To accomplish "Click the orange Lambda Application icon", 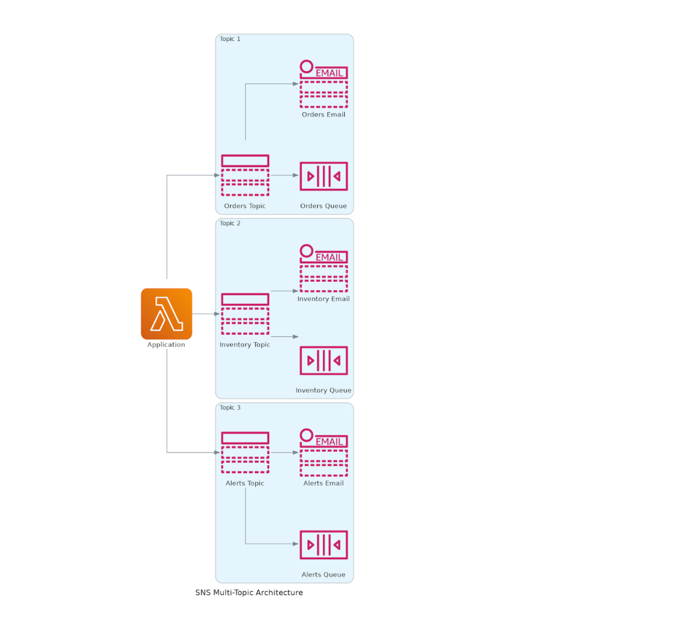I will (166, 314).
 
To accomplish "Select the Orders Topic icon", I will (245, 175).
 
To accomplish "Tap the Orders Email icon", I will (323, 84).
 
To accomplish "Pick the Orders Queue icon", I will (323, 176).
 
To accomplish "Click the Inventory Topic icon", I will (245, 314).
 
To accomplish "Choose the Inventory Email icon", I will (323, 269).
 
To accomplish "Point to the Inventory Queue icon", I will (323, 360).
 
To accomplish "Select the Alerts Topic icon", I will (245, 452).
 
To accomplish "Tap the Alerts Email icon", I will (323, 453).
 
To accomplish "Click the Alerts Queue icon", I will (323, 544).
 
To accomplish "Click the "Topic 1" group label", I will (230, 39).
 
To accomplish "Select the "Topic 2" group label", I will (230, 223).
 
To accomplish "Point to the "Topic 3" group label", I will (230, 408).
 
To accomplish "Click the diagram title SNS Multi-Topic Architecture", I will (249, 592).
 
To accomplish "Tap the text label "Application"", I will (166, 344).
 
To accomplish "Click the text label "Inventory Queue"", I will (323, 390).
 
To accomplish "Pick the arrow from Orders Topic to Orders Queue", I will (284, 175).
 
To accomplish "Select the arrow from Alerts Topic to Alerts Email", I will (284, 453).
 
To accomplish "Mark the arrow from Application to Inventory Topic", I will (206, 314).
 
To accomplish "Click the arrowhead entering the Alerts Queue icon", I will (296, 544).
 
